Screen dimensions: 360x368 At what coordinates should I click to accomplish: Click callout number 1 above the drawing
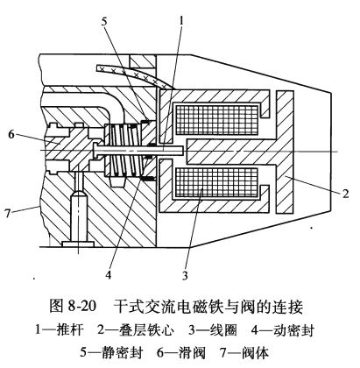[x=181, y=21]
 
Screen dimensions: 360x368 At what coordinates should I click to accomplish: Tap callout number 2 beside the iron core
[x=346, y=194]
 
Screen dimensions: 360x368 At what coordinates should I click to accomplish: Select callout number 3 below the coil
[x=185, y=275]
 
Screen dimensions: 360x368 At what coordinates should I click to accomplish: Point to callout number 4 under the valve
[x=109, y=274]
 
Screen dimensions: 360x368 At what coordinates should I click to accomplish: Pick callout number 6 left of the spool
[x=11, y=135]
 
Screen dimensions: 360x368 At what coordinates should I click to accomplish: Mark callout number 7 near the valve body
[x=8, y=213]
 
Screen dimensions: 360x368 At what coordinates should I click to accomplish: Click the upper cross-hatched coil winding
[x=216, y=120]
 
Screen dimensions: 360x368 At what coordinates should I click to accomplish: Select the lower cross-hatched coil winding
[x=216, y=182]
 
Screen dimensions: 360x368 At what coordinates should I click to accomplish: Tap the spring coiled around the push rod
[x=125, y=150]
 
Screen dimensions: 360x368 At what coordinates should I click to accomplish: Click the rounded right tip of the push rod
[x=183, y=151]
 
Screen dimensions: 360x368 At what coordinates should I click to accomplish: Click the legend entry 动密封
[x=294, y=330]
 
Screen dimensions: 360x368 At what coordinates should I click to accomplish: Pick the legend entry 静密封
[x=123, y=352]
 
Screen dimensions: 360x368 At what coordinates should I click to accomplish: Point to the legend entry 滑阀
[x=192, y=352]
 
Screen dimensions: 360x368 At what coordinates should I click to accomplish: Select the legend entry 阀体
[x=256, y=352]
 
